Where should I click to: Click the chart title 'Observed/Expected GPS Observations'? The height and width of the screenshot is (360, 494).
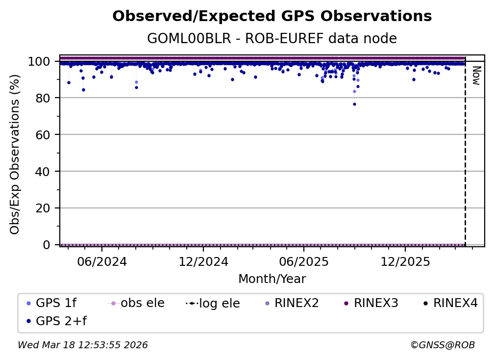click(272, 17)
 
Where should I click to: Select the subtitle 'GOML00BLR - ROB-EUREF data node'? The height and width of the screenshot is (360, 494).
click(272, 39)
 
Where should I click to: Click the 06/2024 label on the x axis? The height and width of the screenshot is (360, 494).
click(101, 261)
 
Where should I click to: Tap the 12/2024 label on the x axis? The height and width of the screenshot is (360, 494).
click(203, 261)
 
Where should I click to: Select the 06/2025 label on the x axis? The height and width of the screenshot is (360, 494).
click(303, 261)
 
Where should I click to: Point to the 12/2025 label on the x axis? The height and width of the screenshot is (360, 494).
click(405, 261)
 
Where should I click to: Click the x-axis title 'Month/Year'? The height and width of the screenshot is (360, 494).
click(272, 279)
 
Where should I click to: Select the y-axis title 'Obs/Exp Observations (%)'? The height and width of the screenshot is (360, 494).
click(15, 154)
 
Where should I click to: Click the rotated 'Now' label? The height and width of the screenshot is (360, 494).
click(475, 76)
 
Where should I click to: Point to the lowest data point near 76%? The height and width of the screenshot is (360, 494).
click(354, 104)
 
